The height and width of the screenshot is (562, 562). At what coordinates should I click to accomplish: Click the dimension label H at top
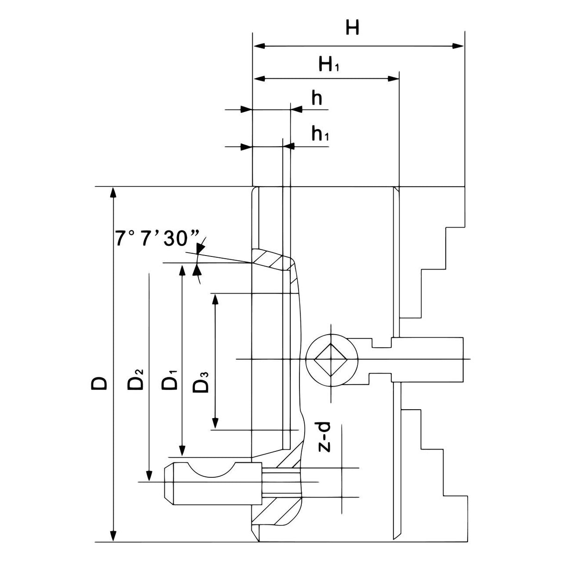point(352,29)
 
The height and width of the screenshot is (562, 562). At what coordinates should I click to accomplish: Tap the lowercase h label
point(317,99)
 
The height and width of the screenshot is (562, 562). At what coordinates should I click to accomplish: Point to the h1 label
point(320,134)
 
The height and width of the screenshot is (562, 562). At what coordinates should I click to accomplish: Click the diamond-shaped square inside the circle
point(331,360)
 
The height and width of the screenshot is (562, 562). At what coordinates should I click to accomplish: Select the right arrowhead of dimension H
point(458,46)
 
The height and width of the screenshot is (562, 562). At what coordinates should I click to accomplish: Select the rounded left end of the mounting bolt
point(169,482)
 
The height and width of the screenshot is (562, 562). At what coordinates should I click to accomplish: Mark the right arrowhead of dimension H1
point(393,79)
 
